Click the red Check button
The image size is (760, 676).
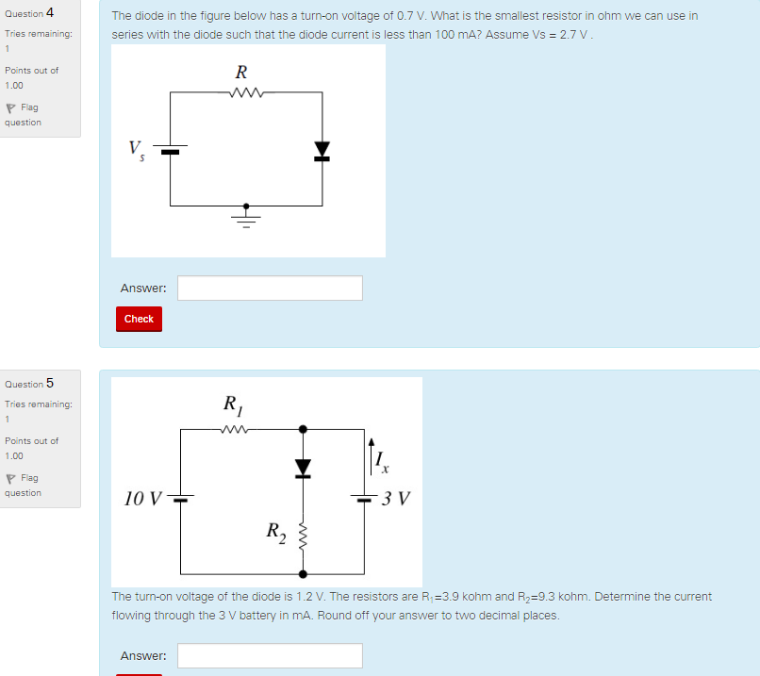tap(139, 319)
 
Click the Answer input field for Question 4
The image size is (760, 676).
tap(270, 289)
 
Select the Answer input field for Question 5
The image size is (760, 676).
tap(270, 655)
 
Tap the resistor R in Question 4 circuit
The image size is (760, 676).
tap(243, 92)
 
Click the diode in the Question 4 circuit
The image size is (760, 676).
tap(322, 150)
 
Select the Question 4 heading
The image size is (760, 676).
tap(29, 13)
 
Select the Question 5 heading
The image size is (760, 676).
tap(29, 384)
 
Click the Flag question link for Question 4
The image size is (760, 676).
tap(23, 115)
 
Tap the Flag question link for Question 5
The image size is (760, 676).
tap(23, 486)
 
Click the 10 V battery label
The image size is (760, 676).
tap(142, 498)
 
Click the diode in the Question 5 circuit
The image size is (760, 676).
tap(303, 468)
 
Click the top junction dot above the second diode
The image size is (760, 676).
tap(303, 429)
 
